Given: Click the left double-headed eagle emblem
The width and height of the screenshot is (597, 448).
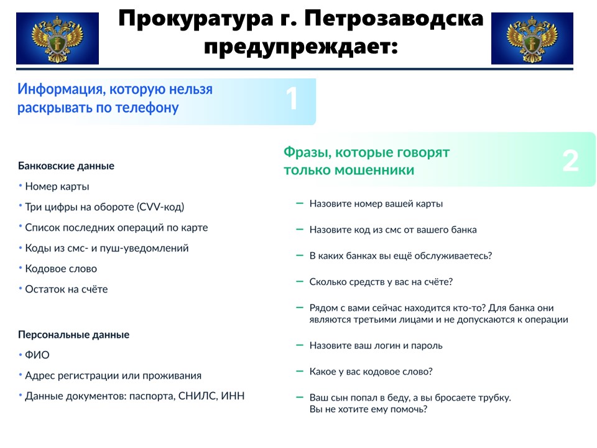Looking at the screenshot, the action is click(x=57, y=39).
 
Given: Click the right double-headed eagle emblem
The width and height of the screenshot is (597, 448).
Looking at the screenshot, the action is click(x=532, y=39).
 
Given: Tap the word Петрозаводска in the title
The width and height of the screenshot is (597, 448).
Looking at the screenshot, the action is click(x=394, y=19).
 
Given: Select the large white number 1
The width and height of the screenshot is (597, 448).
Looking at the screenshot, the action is click(x=292, y=98).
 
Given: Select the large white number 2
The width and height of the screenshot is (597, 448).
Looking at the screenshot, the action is click(x=570, y=161).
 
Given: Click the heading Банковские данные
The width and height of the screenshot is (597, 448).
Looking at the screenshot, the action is click(x=67, y=166).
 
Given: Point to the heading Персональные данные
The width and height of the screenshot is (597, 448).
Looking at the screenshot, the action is click(x=74, y=335).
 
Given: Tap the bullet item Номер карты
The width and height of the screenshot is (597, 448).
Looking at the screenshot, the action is click(x=57, y=186).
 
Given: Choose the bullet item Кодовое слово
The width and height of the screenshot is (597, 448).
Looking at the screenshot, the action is click(x=61, y=269).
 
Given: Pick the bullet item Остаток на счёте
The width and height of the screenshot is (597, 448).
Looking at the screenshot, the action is click(x=67, y=289).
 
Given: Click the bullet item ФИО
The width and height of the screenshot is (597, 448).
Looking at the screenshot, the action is click(x=37, y=355).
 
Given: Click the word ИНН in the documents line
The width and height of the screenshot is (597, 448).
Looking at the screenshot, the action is click(x=233, y=396).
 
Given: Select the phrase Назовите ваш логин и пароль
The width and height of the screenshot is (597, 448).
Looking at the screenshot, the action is click(x=376, y=345).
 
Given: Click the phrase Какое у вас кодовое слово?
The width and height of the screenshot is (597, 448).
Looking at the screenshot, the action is click(x=371, y=371).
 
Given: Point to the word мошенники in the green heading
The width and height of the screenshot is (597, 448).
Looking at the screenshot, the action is click(x=374, y=170).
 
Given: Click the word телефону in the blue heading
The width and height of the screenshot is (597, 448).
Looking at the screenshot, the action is click(x=147, y=108).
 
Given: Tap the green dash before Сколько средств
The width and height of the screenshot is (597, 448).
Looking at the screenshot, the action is click(x=300, y=281).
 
